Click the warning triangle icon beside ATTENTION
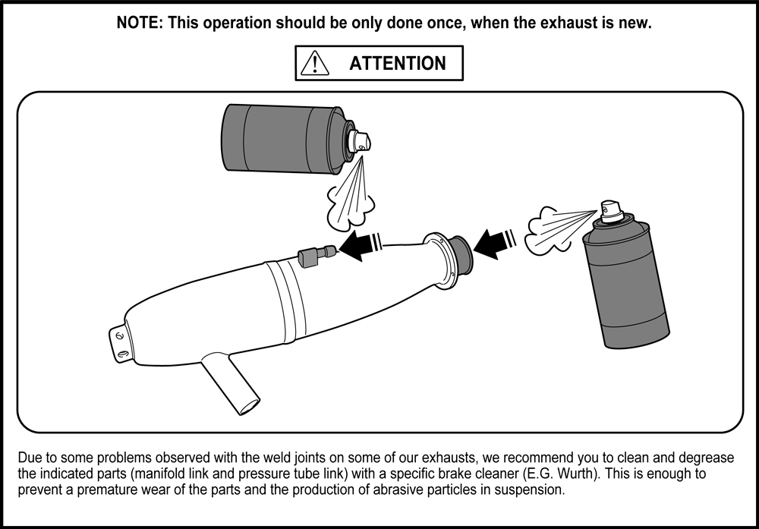(315, 63)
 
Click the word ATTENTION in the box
(398, 64)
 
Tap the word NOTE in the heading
(137, 23)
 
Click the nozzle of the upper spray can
(361, 141)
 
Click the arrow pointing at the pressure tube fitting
(360, 245)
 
